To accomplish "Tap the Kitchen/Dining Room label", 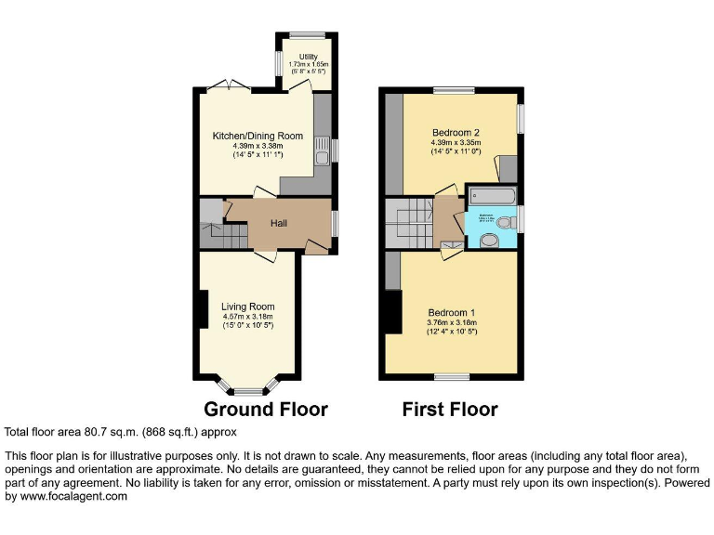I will (256, 136).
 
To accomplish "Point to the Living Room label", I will (247, 307).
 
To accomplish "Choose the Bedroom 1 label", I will (452, 312).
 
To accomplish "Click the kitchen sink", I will (322, 155).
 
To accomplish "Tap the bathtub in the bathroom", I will (490, 195).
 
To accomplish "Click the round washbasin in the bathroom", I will (489, 241).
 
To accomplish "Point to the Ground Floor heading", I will (265, 409).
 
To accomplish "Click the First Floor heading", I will (450, 409).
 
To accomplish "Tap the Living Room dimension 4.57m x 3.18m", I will (247, 317).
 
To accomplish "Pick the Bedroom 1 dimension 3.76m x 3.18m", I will (452, 322).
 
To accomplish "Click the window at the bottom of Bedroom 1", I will (452, 377).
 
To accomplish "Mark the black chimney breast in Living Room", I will (202, 309).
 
